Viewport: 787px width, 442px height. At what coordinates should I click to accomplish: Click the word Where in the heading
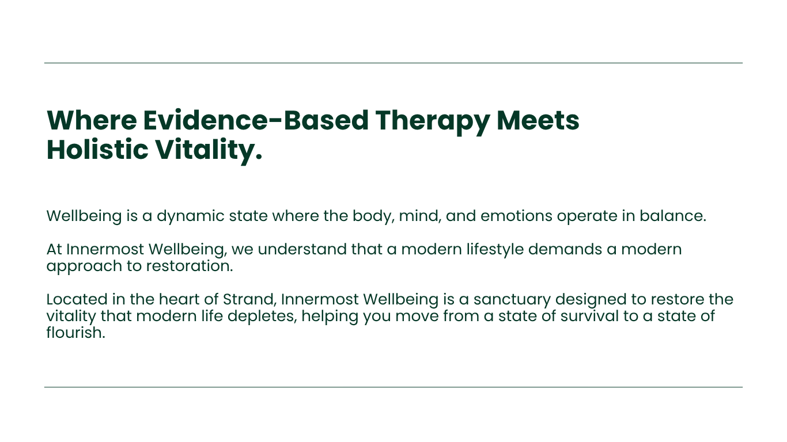click(x=92, y=120)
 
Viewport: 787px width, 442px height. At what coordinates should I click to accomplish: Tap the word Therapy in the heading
click(x=432, y=123)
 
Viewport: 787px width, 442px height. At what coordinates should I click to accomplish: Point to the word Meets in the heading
click(x=538, y=120)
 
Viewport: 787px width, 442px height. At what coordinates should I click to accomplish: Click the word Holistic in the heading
click(x=97, y=150)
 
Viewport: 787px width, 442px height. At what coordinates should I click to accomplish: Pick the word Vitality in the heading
click(x=209, y=152)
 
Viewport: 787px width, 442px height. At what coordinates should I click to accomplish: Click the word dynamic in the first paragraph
click(x=191, y=216)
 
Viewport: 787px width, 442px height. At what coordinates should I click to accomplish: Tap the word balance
click(x=672, y=216)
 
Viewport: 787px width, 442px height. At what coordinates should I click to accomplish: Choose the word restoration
click(x=190, y=266)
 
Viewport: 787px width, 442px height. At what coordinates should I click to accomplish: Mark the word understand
click(x=302, y=249)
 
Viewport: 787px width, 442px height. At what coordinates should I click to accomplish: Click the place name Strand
click(x=249, y=300)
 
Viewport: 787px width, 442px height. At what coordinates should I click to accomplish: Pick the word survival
click(x=589, y=317)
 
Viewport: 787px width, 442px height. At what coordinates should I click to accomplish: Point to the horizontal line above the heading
click(x=393, y=63)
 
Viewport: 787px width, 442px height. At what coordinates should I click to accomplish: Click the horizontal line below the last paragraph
click(x=393, y=387)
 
